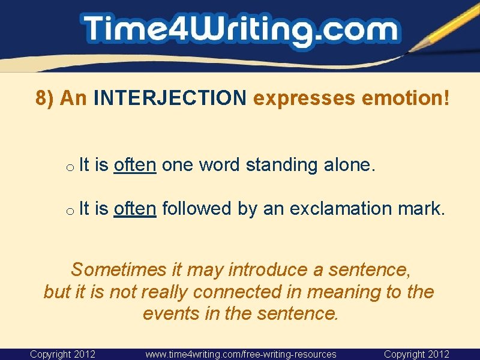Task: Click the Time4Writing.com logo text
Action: point(240,30)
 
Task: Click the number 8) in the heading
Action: point(46,98)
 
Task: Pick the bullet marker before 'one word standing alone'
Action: point(70,167)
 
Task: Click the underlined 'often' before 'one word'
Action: point(135,165)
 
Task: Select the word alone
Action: point(352,165)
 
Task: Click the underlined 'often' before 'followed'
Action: point(135,209)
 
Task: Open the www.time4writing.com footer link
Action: point(241,355)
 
